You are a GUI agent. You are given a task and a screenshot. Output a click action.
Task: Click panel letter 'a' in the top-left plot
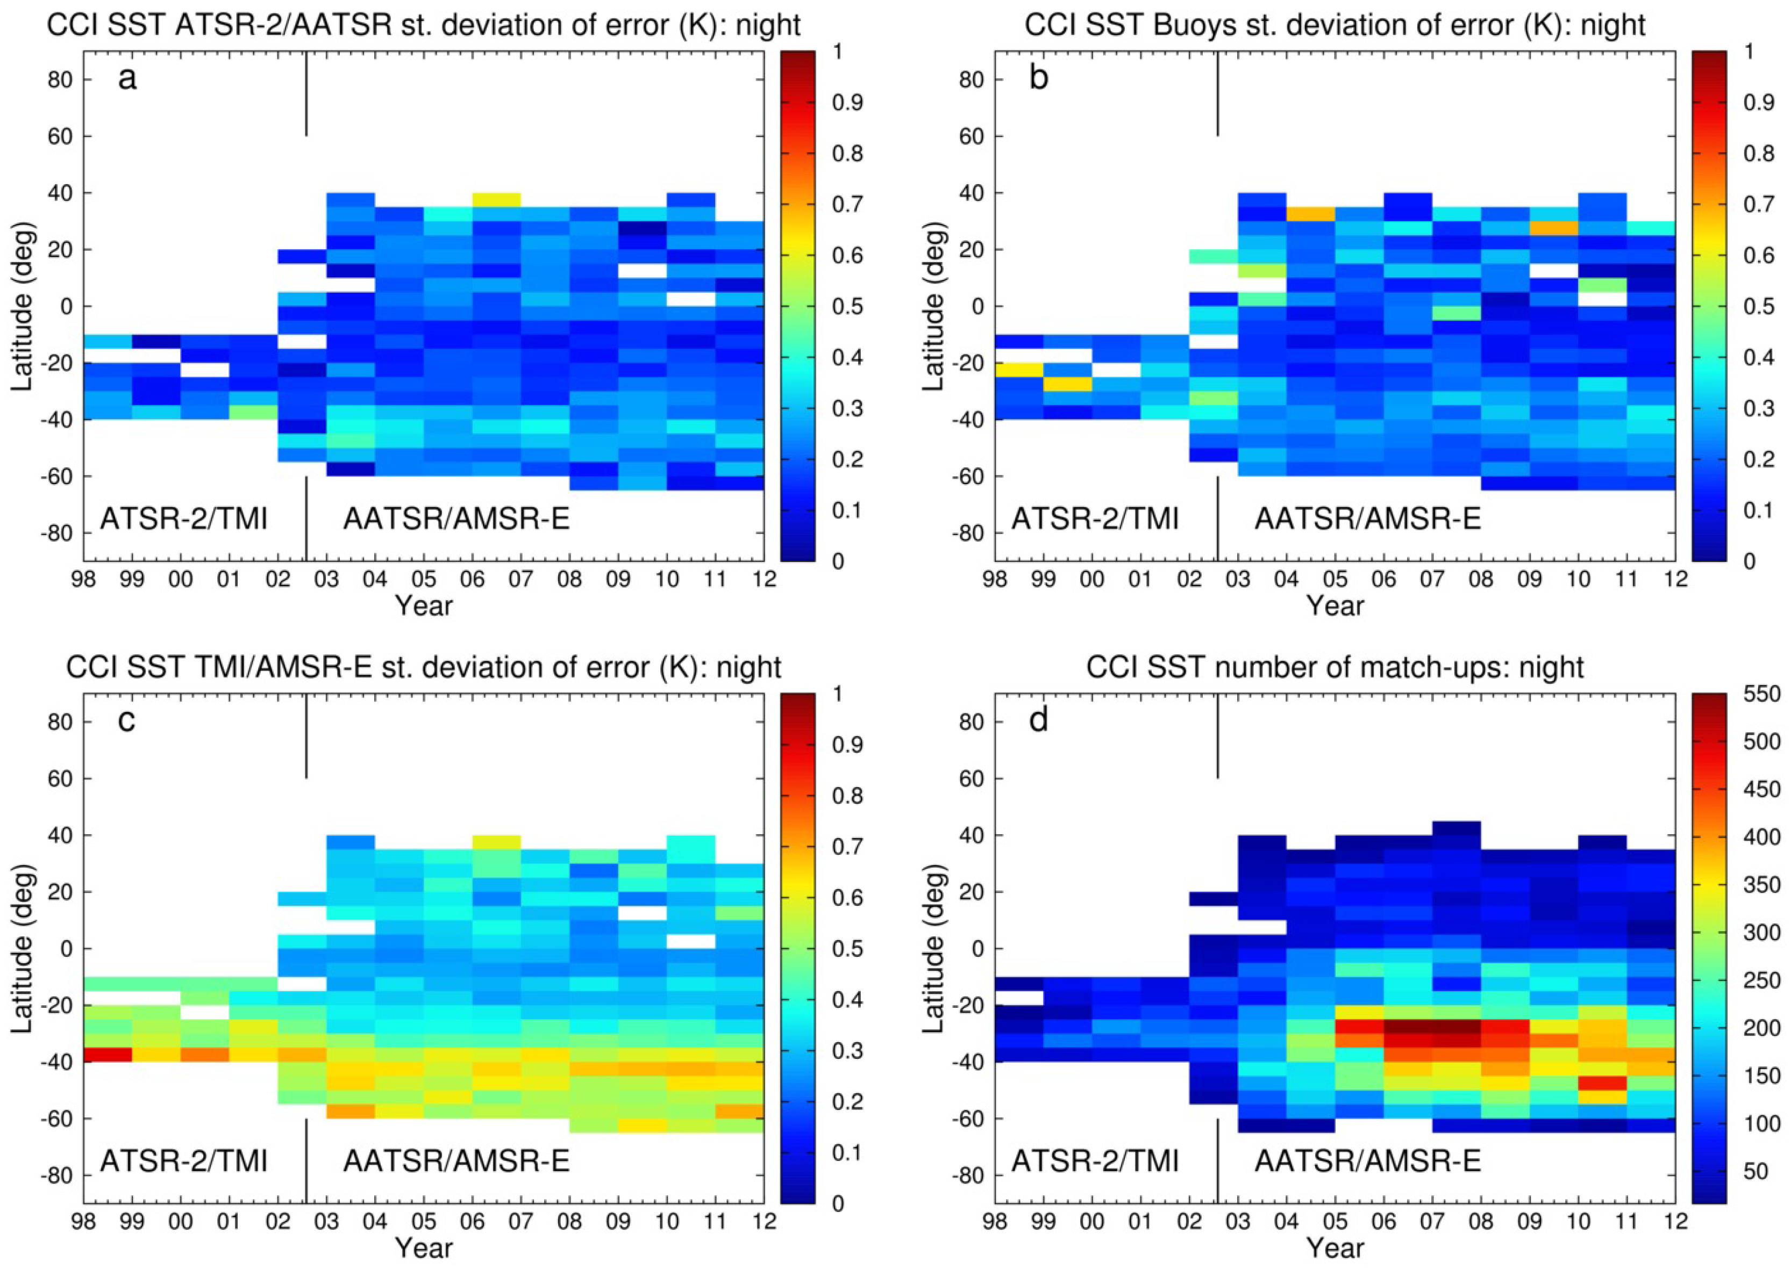[x=127, y=78]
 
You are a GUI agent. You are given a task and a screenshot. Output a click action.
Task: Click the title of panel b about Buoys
[x=1335, y=25]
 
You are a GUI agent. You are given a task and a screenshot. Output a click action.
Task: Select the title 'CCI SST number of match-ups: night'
[x=1335, y=667]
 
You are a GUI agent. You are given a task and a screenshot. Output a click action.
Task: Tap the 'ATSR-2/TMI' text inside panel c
[x=183, y=1160]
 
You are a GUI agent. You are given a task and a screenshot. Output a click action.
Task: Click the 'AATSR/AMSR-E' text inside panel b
[x=1368, y=518]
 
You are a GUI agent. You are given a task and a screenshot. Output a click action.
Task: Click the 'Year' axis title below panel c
[x=423, y=1248]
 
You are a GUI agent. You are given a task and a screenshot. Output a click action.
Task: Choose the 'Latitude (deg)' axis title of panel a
[x=24, y=307]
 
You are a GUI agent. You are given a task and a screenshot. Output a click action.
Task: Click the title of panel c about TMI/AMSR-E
[x=423, y=667]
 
